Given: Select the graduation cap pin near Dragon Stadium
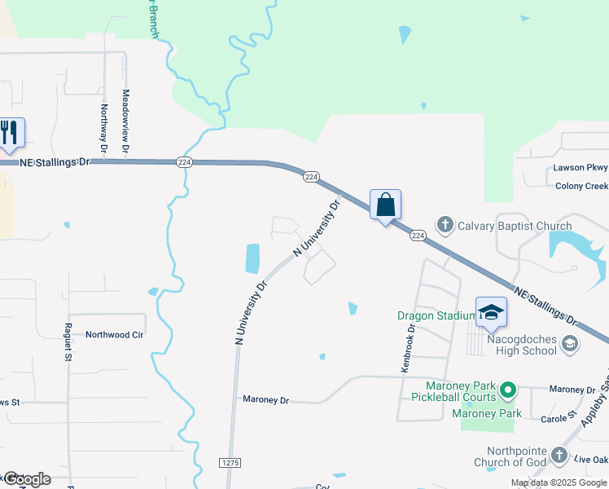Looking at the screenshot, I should coord(491,312).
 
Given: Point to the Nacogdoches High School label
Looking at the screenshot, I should coord(521,344).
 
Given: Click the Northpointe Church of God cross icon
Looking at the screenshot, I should coord(559,455).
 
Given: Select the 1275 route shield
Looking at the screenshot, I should coord(230,462).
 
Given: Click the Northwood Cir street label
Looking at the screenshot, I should coord(114,334).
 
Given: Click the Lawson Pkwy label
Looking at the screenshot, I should coord(581,167).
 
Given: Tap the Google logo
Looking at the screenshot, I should coord(26,479).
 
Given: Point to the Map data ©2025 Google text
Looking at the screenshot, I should coord(558,482).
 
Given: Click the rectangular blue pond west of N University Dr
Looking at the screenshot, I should coord(252,258).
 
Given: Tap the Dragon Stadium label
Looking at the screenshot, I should coord(436,315).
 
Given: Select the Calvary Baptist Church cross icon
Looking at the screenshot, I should coord(445,223).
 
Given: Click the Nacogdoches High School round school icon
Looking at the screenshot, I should coord(569,344).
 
